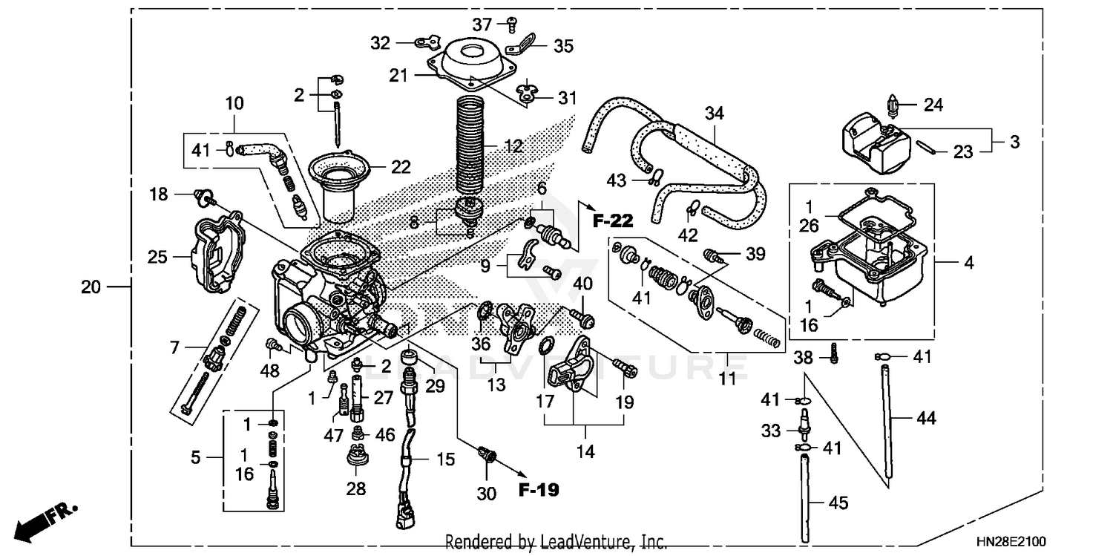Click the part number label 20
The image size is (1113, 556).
(x=90, y=287)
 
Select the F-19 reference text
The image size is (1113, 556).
(x=540, y=489)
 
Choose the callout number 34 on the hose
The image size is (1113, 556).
(x=715, y=114)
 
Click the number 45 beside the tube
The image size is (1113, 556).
(x=837, y=503)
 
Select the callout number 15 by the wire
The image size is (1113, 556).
(x=445, y=459)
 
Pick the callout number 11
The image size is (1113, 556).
(x=728, y=380)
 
